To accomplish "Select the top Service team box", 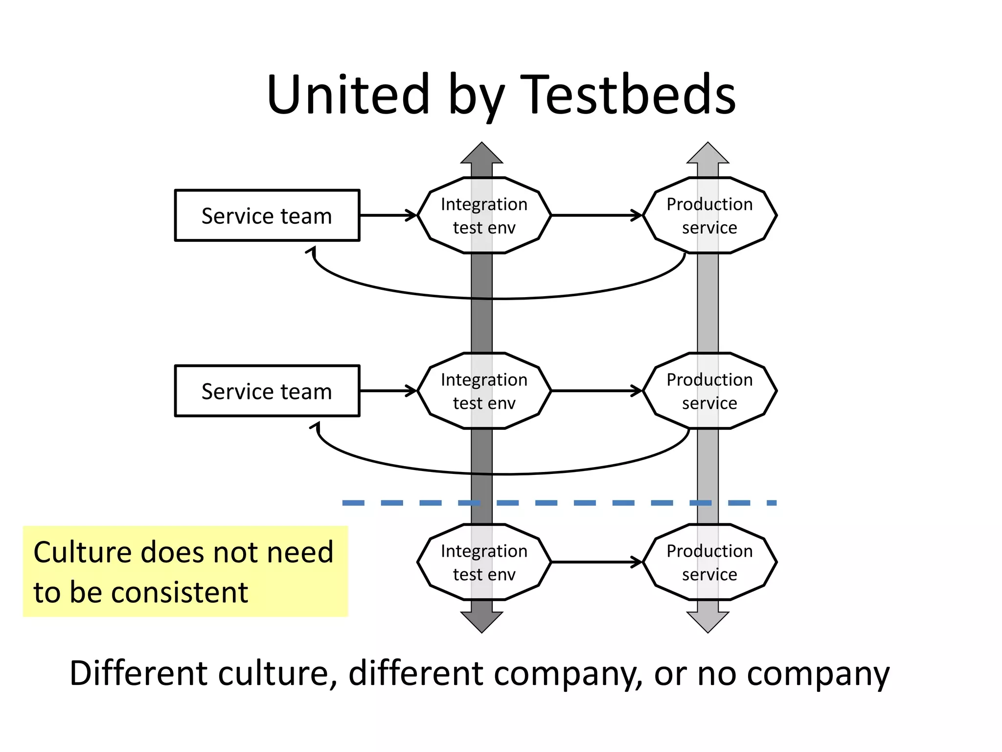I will click(267, 215).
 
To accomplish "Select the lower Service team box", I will click(267, 391).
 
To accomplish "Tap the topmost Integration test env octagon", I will click(484, 215).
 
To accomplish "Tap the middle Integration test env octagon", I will click(484, 391).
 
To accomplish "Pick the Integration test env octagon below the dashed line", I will click(484, 562).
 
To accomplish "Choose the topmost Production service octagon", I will click(709, 215).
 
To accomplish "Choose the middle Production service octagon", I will click(709, 391).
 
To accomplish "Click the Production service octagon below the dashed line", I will click(709, 562).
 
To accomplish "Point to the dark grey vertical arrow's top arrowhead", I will click(482, 154).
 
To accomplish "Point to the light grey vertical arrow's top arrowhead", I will click(707, 154).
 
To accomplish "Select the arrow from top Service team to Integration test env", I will click(387, 215).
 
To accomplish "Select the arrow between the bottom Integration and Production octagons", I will click(597, 562).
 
